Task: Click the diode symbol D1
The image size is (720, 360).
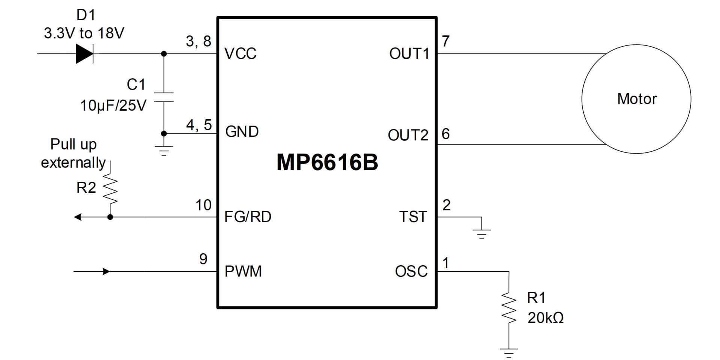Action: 84,54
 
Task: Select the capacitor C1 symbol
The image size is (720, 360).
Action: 164,97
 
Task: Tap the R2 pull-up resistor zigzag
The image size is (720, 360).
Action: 110,189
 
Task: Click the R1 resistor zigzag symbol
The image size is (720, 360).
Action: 509,307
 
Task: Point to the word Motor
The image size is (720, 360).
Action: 637,99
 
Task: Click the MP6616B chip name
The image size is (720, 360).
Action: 327,162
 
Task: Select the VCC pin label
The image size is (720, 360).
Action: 240,54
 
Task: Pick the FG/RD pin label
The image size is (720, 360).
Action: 247,217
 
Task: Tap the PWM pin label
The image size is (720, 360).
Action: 243,271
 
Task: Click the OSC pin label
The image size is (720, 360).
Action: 411,271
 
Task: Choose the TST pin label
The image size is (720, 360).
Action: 413,217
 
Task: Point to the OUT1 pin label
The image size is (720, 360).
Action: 409,54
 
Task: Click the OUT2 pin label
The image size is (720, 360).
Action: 408,135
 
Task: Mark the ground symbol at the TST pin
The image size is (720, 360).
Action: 482,233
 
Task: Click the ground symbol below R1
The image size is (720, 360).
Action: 509,353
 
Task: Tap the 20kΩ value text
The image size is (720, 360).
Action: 546,318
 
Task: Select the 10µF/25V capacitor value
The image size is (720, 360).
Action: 113,106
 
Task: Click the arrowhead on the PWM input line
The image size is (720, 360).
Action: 106,271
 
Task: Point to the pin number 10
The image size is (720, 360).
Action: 203,205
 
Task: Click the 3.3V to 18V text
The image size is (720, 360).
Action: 84,33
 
